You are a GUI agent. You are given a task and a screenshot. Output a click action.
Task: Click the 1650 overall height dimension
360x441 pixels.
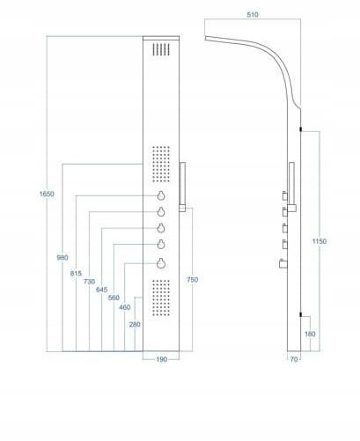pyautogui.click(x=47, y=194)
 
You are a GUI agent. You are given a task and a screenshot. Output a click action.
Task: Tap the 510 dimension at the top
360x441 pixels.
pyautogui.click(x=253, y=14)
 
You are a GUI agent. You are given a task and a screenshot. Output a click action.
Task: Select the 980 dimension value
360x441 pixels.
pyautogui.click(x=62, y=257)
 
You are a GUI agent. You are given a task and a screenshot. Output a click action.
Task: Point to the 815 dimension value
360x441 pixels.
pyautogui.click(x=76, y=273)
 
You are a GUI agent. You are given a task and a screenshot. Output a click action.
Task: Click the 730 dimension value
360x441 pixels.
pyautogui.click(x=89, y=282)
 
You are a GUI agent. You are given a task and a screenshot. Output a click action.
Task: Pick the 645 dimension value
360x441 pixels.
pyautogui.click(x=101, y=290)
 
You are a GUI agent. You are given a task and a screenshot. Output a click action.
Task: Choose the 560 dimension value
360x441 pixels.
pyautogui.click(x=114, y=298)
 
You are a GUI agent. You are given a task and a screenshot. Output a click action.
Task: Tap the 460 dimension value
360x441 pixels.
pyautogui.click(x=124, y=307)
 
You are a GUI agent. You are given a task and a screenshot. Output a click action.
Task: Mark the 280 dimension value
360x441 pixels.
pyautogui.click(x=135, y=324)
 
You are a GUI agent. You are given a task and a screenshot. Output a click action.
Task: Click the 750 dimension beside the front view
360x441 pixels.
pyautogui.click(x=192, y=280)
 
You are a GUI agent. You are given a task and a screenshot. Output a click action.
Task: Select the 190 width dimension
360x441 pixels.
pyautogui.click(x=161, y=359)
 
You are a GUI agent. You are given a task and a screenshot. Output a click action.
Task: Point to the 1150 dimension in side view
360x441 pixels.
pyautogui.click(x=320, y=241)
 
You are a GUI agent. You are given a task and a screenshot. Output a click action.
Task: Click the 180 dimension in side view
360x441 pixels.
pyautogui.click(x=310, y=334)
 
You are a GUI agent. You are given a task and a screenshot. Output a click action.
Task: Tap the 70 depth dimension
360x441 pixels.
pyautogui.click(x=294, y=359)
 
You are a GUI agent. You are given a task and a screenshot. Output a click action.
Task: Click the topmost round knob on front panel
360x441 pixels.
pyautogui.click(x=161, y=195)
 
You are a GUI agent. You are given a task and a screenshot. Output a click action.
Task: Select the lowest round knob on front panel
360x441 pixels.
pyautogui.click(x=161, y=263)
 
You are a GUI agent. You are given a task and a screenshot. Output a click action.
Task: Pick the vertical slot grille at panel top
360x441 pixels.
pyautogui.click(x=161, y=49)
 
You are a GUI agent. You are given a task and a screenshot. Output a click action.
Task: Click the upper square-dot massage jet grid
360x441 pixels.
pyautogui.click(x=161, y=164)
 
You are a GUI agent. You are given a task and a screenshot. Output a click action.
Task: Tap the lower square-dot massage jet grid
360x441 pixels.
pyautogui.click(x=161, y=298)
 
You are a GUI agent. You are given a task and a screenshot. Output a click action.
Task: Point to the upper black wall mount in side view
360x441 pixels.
pyautogui.click(x=301, y=129)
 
